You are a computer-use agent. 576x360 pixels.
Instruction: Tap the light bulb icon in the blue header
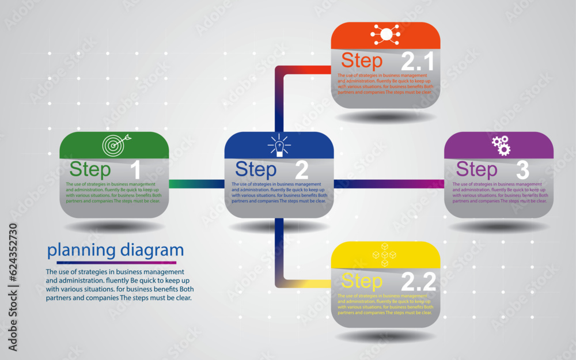[x=279, y=145]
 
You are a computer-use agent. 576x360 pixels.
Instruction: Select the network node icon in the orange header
[x=386, y=35]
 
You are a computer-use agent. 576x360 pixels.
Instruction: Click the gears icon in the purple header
[x=501, y=145]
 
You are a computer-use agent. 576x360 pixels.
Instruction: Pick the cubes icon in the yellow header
[x=384, y=255]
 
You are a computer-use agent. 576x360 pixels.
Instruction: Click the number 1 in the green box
[x=135, y=170]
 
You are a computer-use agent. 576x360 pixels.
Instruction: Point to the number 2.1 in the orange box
[x=418, y=61]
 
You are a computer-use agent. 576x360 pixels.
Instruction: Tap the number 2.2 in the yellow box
[x=418, y=282]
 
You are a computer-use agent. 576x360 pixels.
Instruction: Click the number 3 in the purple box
[x=522, y=170]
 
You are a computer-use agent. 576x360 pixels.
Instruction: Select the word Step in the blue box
[x=256, y=170]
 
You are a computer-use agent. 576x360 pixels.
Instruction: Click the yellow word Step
[x=362, y=282]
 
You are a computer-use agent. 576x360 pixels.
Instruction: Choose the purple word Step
[x=476, y=170]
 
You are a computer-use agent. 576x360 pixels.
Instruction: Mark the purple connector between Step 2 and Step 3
[x=403, y=184]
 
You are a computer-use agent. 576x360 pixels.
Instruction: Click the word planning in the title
[x=81, y=251]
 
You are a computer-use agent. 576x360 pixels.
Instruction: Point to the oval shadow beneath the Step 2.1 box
[x=385, y=117]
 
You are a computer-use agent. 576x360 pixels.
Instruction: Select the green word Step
[x=90, y=170]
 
